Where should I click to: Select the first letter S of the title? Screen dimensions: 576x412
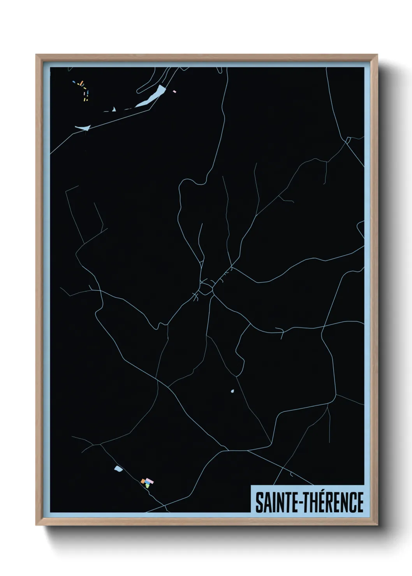pyautogui.click(x=259, y=502)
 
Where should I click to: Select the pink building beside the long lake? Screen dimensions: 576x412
pyautogui.click(x=174, y=91)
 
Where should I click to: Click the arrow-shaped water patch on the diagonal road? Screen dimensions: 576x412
pyautogui.click(x=83, y=128)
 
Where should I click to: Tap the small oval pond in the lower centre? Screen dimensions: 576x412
pyautogui.click(x=232, y=391)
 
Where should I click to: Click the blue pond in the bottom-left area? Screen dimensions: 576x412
pyautogui.click(x=118, y=469)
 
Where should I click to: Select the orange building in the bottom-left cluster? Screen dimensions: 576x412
pyautogui.click(x=143, y=481)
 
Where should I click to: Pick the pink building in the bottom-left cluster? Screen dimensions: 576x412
pyautogui.click(x=150, y=481)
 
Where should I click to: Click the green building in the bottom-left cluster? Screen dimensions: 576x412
pyautogui.click(x=148, y=486)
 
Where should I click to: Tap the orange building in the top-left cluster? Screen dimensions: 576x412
pyautogui.click(x=82, y=83)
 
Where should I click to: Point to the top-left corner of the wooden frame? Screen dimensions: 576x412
pyautogui.click(x=36, y=55)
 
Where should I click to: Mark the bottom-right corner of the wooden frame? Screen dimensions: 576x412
pyautogui.click(x=377, y=525)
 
